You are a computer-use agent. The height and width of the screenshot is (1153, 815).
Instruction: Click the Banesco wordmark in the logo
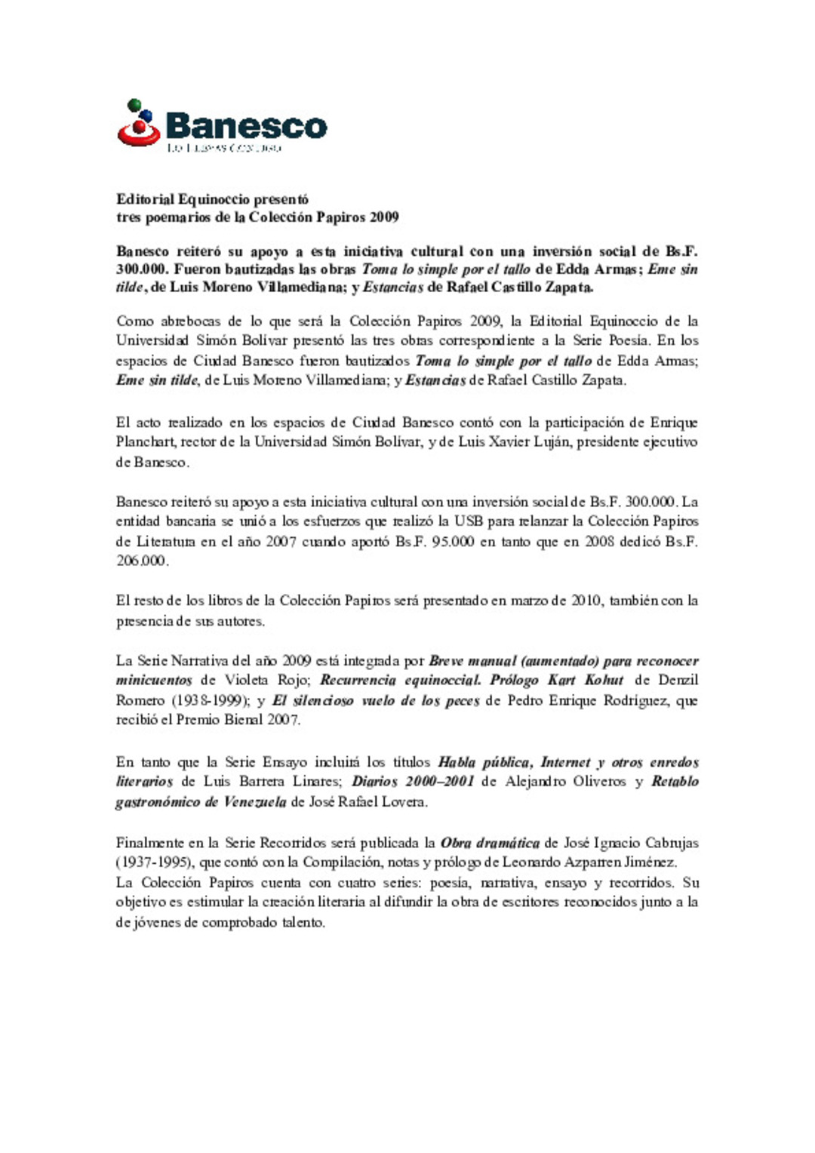246,125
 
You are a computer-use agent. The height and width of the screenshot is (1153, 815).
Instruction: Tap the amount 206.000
141,561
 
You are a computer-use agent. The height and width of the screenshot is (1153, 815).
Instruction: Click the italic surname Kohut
604,681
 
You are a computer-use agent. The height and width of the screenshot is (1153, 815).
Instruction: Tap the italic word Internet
564,762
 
